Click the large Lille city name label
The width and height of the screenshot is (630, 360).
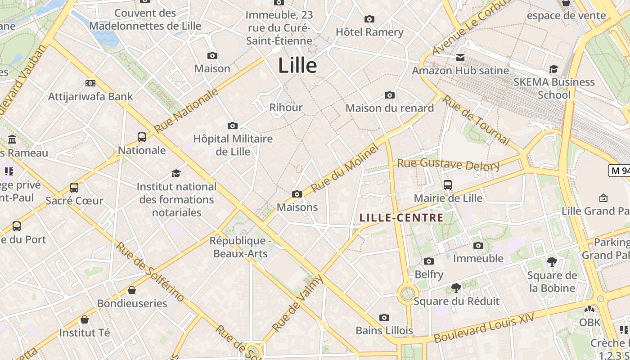click(x=297, y=66)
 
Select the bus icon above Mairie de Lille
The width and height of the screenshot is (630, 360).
click(x=448, y=185)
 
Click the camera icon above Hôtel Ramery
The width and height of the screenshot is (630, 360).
click(x=369, y=19)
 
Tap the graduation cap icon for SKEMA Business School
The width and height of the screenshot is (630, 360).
click(x=553, y=69)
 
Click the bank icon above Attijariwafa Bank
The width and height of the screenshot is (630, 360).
click(x=90, y=83)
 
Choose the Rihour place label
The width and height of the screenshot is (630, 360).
click(x=286, y=108)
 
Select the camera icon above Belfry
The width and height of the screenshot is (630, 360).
click(x=429, y=261)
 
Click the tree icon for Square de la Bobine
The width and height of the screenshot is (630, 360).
click(x=552, y=262)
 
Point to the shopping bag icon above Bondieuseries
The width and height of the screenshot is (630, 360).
click(x=132, y=290)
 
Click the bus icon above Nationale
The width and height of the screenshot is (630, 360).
click(x=142, y=137)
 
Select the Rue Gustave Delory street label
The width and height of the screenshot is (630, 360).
click(x=448, y=164)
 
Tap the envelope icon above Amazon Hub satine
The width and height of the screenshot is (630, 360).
click(x=460, y=58)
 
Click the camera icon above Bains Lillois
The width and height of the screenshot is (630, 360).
click(x=384, y=317)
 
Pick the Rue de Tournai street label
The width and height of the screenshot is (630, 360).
click(x=476, y=120)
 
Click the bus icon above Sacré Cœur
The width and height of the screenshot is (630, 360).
click(x=74, y=188)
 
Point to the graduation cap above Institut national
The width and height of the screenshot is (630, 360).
click(x=176, y=173)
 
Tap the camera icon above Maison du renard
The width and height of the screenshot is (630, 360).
click(x=390, y=95)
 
